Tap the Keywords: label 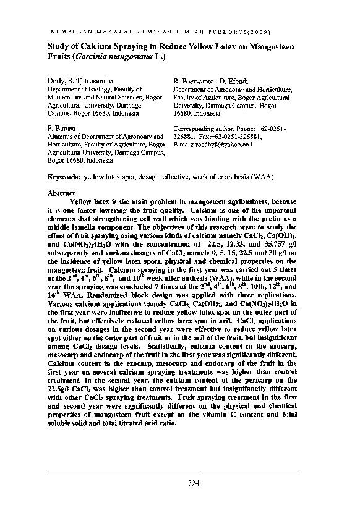tap(64, 177)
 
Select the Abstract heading tap(61, 193)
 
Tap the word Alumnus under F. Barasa tap(62, 136)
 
